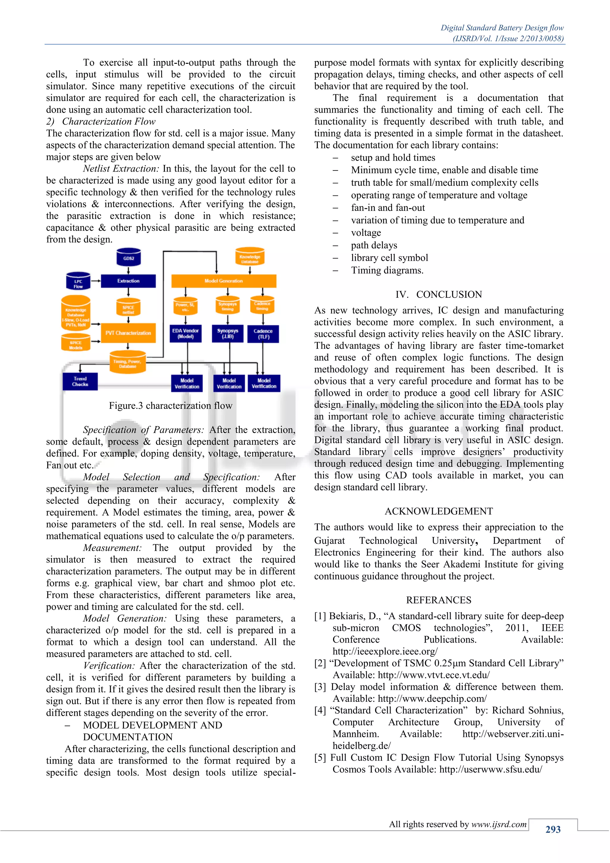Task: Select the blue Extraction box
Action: tap(128, 281)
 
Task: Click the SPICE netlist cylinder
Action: tap(128, 309)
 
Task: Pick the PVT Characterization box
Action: tap(128, 333)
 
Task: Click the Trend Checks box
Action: tap(80, 381)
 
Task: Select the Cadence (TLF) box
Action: tap(263, 334)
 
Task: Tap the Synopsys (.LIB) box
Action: tap(228, 333)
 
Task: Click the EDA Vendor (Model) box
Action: tap(186, 333)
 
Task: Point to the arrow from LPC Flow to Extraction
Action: tap(96, 281)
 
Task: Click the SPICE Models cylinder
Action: tap(76, 344)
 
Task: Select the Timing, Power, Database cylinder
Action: tap(127, 363)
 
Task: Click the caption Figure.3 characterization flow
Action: tap(171, 406)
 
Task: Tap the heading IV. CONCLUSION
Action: tap(438, 294)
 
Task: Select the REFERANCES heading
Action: tap(438, 600)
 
